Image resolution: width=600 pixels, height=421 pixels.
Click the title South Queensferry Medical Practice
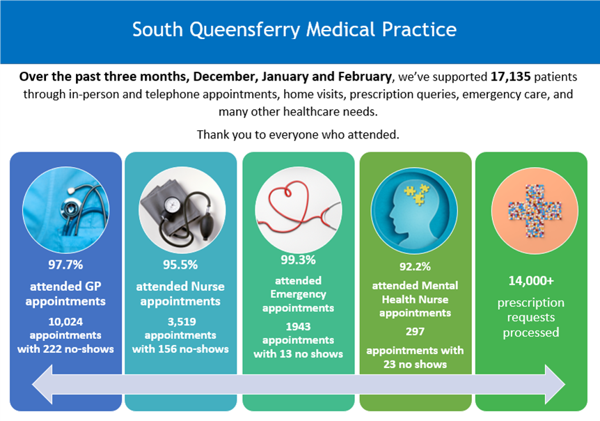pyautogui.click(x=294, y=30)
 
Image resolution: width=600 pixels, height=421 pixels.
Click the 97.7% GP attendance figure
pyautogui.click(x=66, y=265)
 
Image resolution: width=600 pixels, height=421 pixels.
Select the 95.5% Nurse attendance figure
pyautogui.click(x=180, y=265)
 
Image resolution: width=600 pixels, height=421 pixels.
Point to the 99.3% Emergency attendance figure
pyautogui.click(x=298, y=260)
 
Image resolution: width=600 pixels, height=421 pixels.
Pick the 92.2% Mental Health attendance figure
pyautogui.click(x=414, y=266)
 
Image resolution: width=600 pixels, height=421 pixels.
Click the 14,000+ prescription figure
pyautogui.click(x=530, y=281)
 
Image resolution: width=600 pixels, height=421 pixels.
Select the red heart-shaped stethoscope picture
pyautogui.click(x=298, y=206)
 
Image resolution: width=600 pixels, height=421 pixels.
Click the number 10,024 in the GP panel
pyautogui.click(x=66, y=321)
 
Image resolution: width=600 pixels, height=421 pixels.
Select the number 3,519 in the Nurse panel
pyautogui.click(x=180, y=321)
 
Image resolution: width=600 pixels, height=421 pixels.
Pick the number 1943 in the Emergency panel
pyautogui.click(x=298, y=326)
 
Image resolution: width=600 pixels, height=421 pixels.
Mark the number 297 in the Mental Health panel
pyautogui.click(x=414, y=331)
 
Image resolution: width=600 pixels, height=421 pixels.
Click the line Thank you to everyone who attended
pyautogui.click(x=298, y=134)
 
